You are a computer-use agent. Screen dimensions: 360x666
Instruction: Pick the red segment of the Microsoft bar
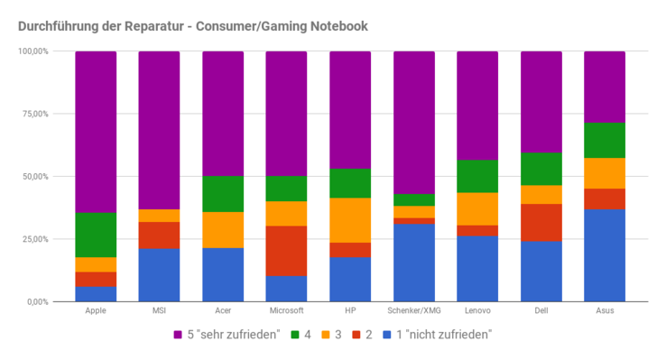click(287, 250)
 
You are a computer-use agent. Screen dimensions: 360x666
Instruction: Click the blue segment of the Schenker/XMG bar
click(414, 262)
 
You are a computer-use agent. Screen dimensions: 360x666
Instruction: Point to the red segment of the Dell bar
click(541, 222)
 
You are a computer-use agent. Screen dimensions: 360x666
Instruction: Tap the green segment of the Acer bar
click(223, 194)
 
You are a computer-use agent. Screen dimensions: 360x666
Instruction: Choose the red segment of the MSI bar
click(159, 235)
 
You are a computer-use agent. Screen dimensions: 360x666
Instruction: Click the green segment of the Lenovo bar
click(477, 176)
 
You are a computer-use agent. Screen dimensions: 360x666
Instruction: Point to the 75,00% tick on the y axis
click(35, 114)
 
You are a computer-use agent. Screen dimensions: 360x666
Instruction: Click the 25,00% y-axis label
click(35, 239)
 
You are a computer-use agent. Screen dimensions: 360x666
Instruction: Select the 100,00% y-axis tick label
click(33, 51)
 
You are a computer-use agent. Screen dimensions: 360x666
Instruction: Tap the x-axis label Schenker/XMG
click(414, 311)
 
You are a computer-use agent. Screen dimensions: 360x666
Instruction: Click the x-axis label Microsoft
click(287, 311)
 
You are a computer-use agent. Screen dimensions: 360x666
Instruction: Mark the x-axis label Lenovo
click(477, 311)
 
